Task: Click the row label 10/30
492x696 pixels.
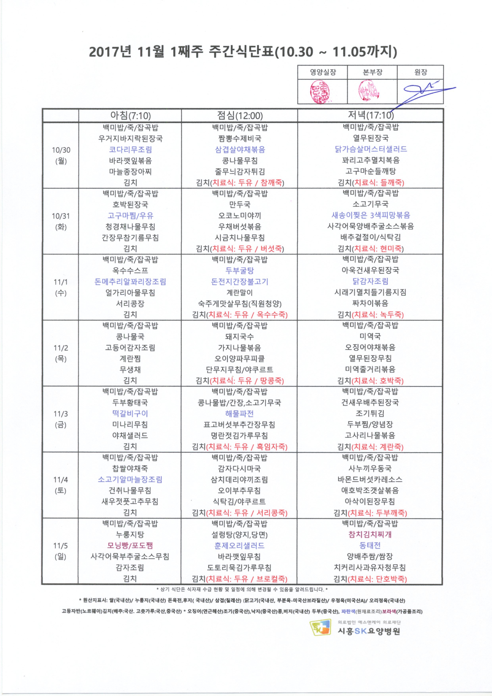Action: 61,150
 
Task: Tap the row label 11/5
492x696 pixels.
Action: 61,546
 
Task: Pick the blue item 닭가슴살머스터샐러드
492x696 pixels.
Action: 370,149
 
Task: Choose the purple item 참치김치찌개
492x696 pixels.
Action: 370,534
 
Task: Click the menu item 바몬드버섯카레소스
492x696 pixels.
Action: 370,480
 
